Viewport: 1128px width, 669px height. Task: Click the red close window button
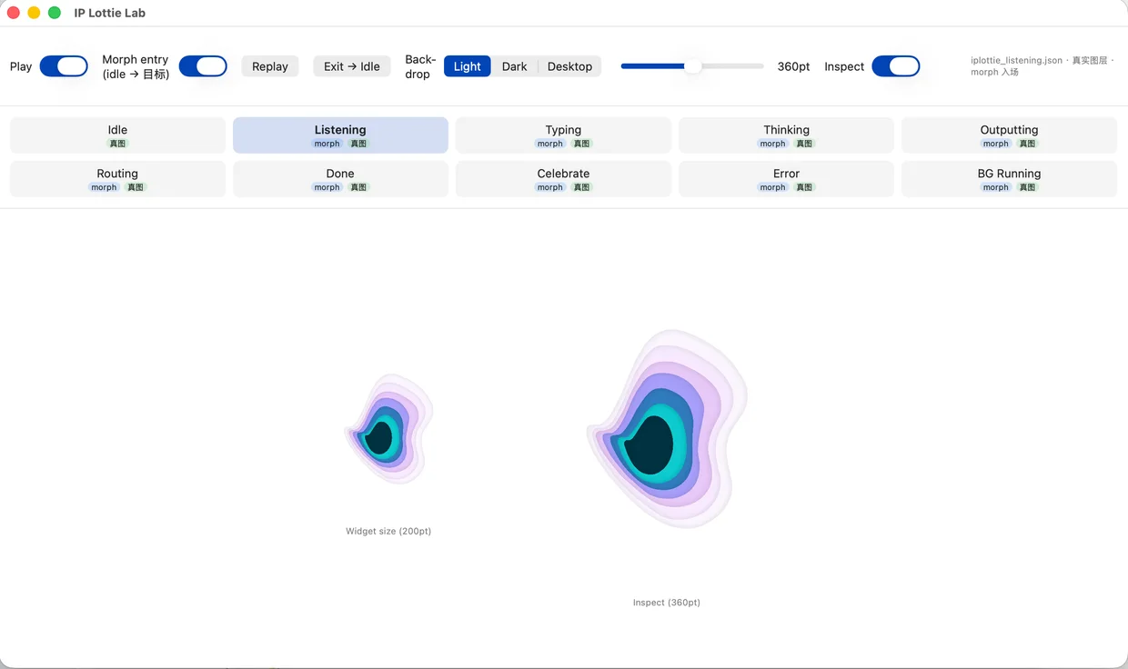click(x=14, y=13)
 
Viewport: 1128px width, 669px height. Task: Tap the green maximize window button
click(x=55, y=13)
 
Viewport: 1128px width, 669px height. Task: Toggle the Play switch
click(x=64, y=66)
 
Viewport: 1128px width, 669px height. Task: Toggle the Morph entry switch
click(x=203, y=66)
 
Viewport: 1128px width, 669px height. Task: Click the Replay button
click(x=270, y=66)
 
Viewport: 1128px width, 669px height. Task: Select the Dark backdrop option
click(x=514, y=66)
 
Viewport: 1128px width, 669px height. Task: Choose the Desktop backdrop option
click(x=569, y=66)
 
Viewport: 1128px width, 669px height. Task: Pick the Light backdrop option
click(x=467, y=66)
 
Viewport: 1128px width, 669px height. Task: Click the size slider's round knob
click(x=693, y=65)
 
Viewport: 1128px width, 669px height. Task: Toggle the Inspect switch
click(x=896, y=66)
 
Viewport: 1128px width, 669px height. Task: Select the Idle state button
click(x=118, y=135)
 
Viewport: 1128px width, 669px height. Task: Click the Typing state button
click(x=563, y=135)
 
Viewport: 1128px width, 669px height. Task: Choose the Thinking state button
click(x=786, y=135)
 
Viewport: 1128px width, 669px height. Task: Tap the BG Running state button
click(x=1009, y=179)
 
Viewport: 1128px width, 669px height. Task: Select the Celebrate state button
click(x=563, y=179)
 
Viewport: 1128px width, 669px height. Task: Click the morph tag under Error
click(x=772, y=187)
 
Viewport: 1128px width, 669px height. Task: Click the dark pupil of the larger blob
click(x=650, y=445)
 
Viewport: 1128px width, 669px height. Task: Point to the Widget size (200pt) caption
click(x=388, y=531)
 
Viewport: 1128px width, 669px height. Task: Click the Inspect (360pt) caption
click(x=666, y=603)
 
